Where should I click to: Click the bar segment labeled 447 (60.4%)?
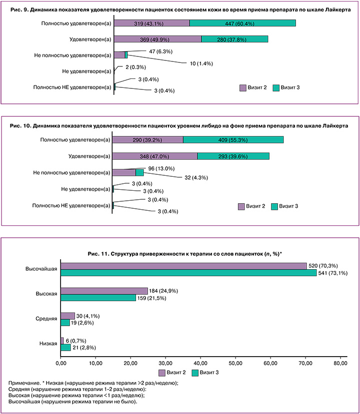click(x=242, y=23)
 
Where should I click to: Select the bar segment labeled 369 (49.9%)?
click(x=158, y=39)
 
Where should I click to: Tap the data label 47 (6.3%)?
click(x=160, y=51)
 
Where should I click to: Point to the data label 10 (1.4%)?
click(x=201, y=63)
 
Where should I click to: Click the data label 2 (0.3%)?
click(x=135, y=67)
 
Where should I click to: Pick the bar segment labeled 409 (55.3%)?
click(x=233, y=140)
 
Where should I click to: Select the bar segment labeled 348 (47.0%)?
click(x=155, y=156)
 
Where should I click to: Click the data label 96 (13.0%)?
click(x=161, y=168)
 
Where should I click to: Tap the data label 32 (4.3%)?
click(x=196, y=178)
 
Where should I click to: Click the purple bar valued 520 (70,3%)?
click(x=183, y=266)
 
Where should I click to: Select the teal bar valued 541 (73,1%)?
click(x=188, y=273)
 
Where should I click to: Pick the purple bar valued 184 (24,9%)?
click(x=104, y=291)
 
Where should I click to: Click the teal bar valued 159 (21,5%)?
click(x=98, y=298)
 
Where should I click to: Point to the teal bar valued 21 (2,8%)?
click(x=65, y=348)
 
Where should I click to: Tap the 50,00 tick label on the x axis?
click(x=235, y=363)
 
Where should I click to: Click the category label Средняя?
click(x=46, y=319)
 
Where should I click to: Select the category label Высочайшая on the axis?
click(x=41, y=269)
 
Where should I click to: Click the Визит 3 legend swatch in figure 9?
click(x=276, y=88)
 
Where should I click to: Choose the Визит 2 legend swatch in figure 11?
click(x=162, y=373)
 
